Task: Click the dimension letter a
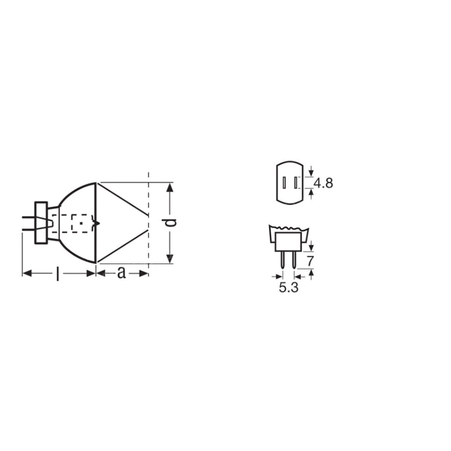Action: [x=121, y=274]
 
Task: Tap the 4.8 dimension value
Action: [x=324, y=182]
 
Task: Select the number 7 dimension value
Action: [x=310, y=261]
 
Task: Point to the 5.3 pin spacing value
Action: [x=288, y=288]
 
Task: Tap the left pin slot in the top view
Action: [x=284, y=182]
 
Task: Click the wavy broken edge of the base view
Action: [x=289, y=229]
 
